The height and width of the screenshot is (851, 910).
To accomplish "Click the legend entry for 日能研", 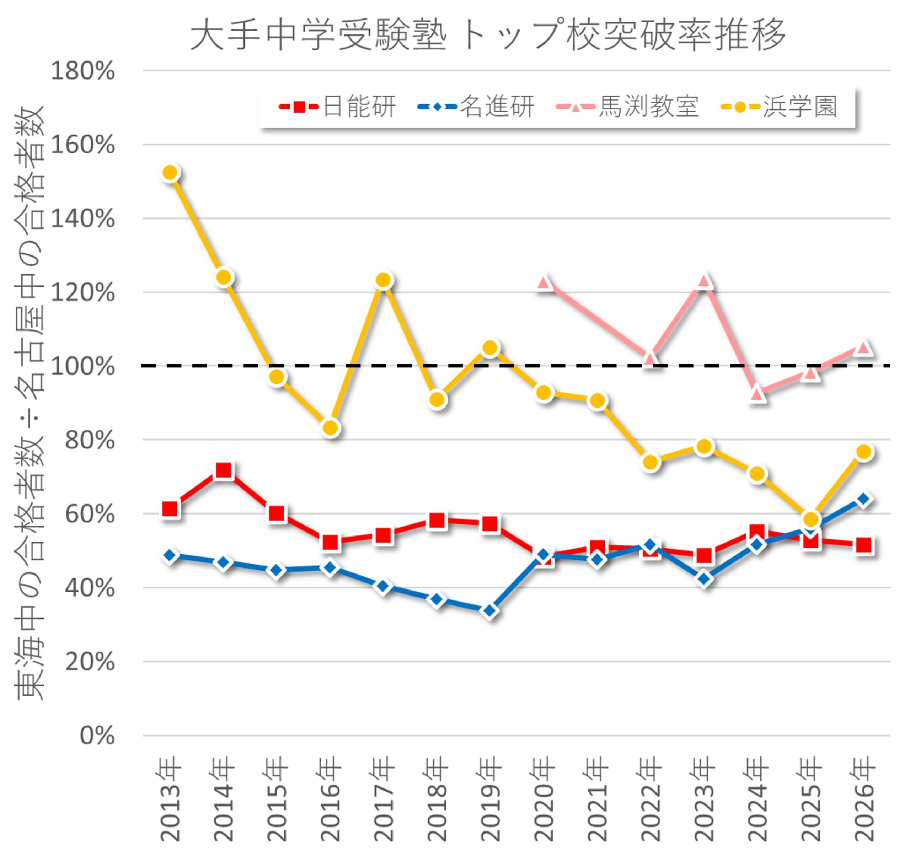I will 338,107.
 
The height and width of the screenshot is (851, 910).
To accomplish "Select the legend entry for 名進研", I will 476,107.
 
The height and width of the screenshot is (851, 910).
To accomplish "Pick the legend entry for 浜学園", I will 779,107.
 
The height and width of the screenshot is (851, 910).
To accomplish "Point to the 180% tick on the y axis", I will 83,71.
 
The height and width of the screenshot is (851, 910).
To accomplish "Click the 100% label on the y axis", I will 83,366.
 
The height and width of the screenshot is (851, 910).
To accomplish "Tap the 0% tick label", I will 97,736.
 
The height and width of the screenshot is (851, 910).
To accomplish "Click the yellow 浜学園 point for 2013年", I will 170,173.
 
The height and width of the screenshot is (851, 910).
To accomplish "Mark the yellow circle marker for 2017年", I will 384,280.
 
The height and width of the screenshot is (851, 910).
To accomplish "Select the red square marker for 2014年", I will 223,470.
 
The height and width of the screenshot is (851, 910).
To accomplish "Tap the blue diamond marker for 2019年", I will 490,611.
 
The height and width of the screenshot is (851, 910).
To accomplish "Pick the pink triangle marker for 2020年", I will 544,283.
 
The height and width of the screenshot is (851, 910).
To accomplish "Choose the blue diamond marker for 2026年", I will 864,499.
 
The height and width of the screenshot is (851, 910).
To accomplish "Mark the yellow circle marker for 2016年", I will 331,428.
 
